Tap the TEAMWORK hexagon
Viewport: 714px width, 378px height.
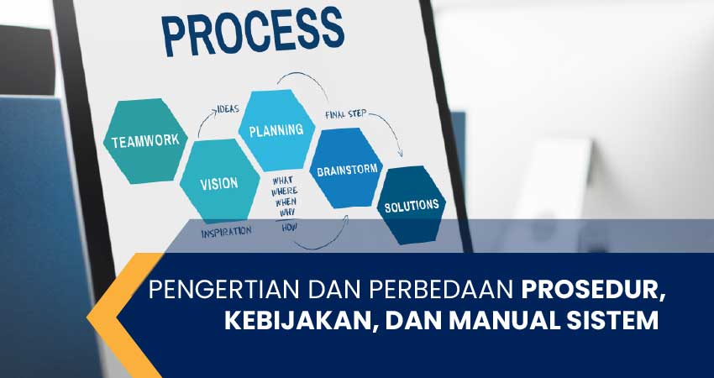(x=145, y=140)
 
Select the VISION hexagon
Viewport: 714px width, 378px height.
(x=218, y=182)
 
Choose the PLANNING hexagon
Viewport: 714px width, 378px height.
(x=276, y=130)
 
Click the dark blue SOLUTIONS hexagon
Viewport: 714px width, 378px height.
(x=411, y=204)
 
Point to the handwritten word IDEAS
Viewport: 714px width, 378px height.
(x=228, y=109)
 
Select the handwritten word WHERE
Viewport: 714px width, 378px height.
(x=285, y=192)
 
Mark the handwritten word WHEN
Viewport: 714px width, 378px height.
(x=285, y=202)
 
